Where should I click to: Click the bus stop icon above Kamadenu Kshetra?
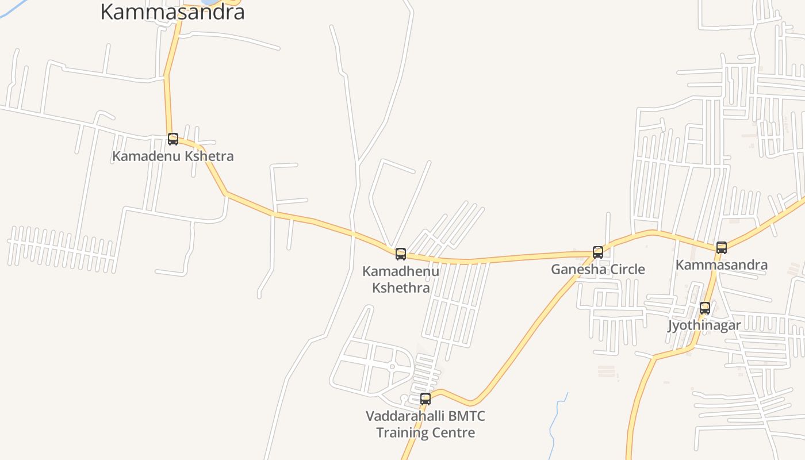[173, 139]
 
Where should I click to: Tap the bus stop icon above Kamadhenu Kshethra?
[401, 254]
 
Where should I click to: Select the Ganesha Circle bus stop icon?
[598, 252]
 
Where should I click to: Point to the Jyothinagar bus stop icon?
[705, 308]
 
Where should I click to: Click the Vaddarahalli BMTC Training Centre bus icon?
[425, 398]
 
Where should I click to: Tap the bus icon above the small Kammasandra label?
[722, 247]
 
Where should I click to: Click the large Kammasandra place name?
[172, 11]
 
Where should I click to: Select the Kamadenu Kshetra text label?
[173, 156]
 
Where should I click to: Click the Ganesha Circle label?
[598, 269]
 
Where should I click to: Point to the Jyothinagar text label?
[704, 325]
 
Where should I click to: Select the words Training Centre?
[425, 432]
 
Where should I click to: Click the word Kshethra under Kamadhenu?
[401, 287]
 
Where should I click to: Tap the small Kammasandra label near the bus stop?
[722, 264]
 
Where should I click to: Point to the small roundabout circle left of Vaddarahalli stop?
[392, 367]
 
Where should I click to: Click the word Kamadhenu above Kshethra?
[401, 271]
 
